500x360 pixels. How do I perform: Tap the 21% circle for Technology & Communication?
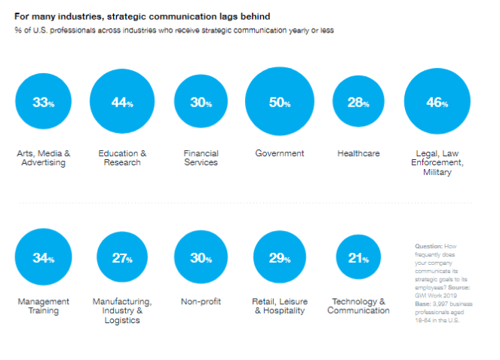pyautogui.click(x=357, y=259)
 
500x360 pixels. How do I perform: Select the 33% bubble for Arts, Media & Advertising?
pyautogui.click(x=44, y=103)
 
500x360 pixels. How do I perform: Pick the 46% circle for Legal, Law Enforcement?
pyautogui.click(x=437, y=103)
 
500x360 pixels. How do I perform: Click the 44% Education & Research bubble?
pyautogui.click(x=121, y=103)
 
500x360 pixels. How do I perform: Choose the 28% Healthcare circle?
pyautogui.click(x=358, y=103)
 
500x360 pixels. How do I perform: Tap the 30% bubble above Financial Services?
pyautogui.click(x=201, y=103)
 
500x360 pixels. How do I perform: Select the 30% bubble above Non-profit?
pyautogui.click(x=201, y=259)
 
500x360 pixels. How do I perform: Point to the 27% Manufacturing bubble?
pyautogui.click(x=122, y=259)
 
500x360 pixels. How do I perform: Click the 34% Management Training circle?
pyautogui.click(x=44, y=259)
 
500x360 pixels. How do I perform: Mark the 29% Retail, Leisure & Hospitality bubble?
pyautogui.click(x=280, y=259)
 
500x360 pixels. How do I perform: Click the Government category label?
pyautogui.click(x=279, y=153)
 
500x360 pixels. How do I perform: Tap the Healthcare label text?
pyautogui.click(x=358, y=153)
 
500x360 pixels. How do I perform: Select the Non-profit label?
pyautogui.click(x=201, y=301)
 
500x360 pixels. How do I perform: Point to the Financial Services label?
pyautogui.click(x=201, y=158)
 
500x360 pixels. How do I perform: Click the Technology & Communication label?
pyautogui.click(x=358, y=306)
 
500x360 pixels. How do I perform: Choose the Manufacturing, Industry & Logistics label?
pyautogui.click(x=122, y=310)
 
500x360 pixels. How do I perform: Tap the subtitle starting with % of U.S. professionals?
pyautogui.click(x=173, y=30)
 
